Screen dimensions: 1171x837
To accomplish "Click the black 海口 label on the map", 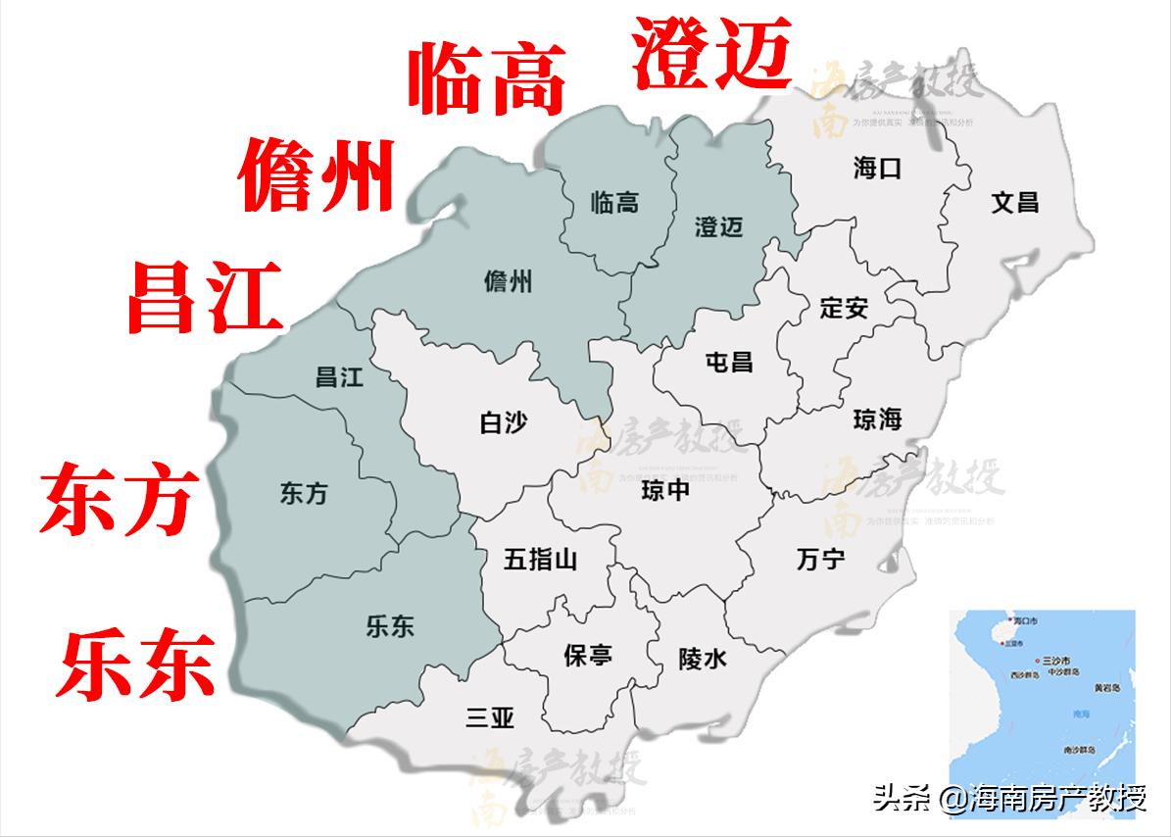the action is click(877, 169).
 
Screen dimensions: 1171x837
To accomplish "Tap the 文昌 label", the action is click(1014, 203).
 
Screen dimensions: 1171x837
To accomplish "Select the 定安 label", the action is click(844, 308).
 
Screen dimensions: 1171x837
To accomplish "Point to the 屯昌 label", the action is click(729, 361).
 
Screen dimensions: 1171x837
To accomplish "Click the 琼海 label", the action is click(877, 419).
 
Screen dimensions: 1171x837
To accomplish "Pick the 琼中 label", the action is click(665, 490).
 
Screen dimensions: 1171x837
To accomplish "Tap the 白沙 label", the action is click(504, 422).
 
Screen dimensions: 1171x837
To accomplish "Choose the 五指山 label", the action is click(540, 560).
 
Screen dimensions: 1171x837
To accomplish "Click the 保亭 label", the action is click(588, 655).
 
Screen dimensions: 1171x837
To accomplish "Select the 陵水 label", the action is click(703, 660).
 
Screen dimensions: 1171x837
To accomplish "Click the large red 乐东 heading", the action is click(136, 664).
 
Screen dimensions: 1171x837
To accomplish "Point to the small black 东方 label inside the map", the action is click(304, 494).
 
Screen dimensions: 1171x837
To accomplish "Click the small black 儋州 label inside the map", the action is click(509, 282).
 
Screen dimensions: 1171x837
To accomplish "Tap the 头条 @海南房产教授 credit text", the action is click(1009, 799).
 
